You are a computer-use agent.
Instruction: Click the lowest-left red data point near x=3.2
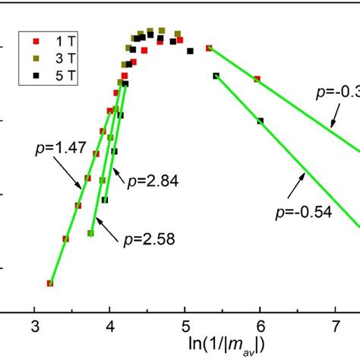[50, 283]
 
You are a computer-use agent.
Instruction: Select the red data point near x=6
[257, 79]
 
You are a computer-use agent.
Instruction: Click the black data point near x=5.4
[216, 75]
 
